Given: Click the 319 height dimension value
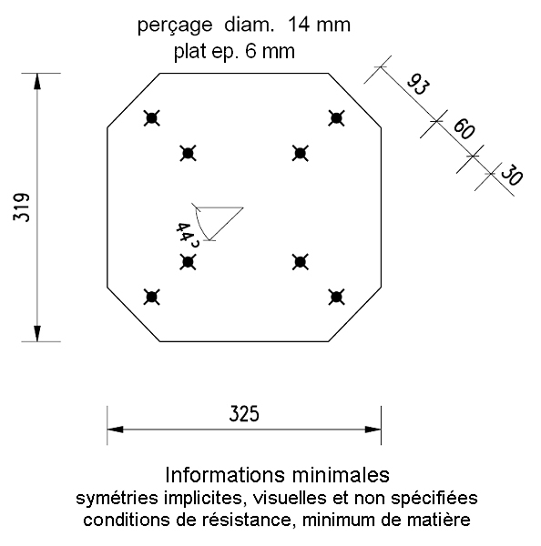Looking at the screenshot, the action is tap(22, 207).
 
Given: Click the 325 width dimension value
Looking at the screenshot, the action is tap(244, 414).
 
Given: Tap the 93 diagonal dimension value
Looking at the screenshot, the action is tap(419, 85).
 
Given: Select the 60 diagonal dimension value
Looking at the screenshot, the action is tap(464, 129).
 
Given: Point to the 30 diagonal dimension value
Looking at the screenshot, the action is tap(512, 174).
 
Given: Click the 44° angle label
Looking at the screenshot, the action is tap(188, 235).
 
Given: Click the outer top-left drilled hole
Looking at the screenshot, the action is tap(151, 118).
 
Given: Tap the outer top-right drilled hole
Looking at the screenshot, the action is tap(336, 118).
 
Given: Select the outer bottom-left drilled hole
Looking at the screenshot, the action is tap(151, 297).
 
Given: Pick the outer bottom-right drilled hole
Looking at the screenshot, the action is tap(336, 297).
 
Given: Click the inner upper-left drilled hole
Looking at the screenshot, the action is tap(188, 153).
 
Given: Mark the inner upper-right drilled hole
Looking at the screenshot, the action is tap(301, 153).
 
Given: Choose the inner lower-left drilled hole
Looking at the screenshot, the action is tap(188, 262).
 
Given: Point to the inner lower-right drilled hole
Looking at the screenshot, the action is tap(301, 262).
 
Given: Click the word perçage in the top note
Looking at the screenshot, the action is tap(175, 26).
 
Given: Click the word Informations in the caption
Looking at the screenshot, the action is tap(225, 475).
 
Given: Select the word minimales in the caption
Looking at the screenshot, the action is tap(341, 475).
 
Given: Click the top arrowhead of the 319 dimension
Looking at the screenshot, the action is tap(37, 81).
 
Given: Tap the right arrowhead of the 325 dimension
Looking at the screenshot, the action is tap(373, 430).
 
